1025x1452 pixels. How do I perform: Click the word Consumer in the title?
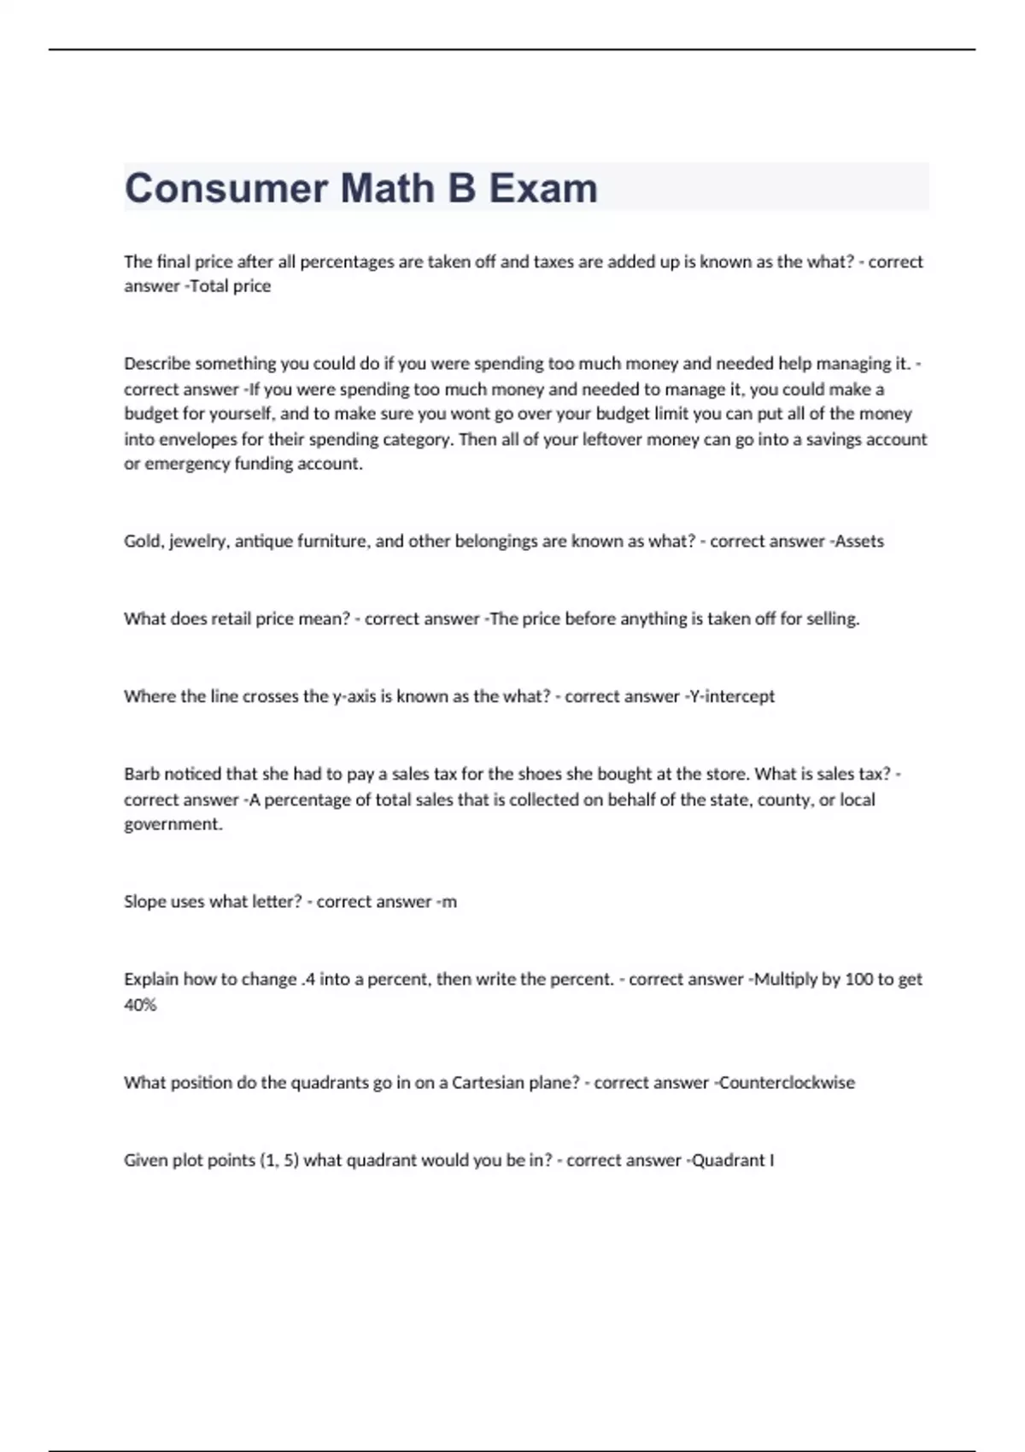[x=225, y=188]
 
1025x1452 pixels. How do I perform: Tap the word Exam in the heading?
[x=543, y=188]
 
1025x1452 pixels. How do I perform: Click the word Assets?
[x=859, y=541]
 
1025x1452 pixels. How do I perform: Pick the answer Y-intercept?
[x=732, y=696]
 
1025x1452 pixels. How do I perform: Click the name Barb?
[x=141, y=774]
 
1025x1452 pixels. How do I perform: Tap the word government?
[x=173, y=824]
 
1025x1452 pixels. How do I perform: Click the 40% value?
[x=140, y=1005]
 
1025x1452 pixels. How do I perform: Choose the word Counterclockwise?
[x=787, y=1083]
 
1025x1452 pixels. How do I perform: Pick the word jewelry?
[x=198, y=541]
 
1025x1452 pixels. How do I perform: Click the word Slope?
[x=144, y=902]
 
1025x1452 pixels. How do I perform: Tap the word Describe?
[x=157, y=364]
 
